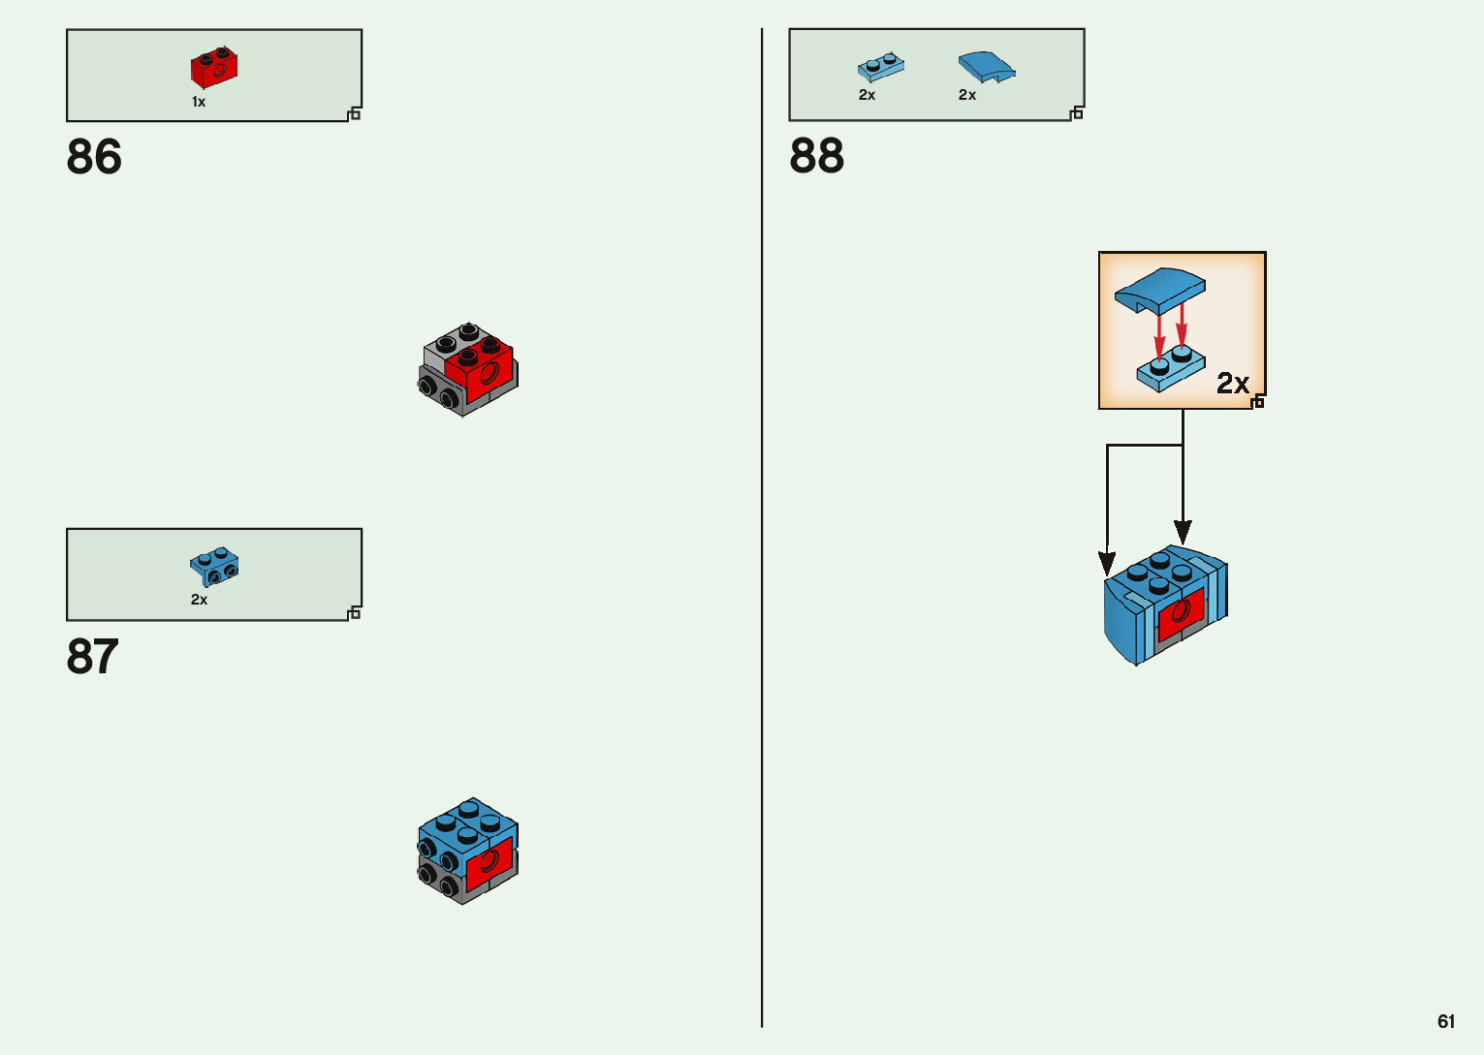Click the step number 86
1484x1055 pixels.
point(94,157)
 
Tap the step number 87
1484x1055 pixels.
point(93,656)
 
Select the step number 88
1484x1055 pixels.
point(817,156)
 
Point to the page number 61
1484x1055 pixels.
point(1446,1021)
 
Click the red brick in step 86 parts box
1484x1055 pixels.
point(214,67)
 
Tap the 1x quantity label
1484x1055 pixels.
point(199,102)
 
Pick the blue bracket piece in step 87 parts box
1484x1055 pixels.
point(214,567)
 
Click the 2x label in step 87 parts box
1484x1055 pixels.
point(199,600)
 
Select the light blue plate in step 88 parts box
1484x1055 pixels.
point(880,67)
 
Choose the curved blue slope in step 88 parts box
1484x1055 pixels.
point(987,67)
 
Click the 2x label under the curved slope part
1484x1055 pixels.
point(967,95)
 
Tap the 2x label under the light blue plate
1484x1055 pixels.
point(867,95)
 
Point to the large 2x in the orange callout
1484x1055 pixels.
point(1232,383)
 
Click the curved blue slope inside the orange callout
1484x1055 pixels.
point(1160,290)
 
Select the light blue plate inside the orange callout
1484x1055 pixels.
point(1171,368)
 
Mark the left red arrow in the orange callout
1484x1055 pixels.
point(1158,337)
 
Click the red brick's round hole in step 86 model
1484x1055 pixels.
point(489,373)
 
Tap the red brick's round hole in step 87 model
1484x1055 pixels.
point(489,861)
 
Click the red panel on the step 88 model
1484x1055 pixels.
point(1181,613)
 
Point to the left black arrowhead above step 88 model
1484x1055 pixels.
point(1106,562)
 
